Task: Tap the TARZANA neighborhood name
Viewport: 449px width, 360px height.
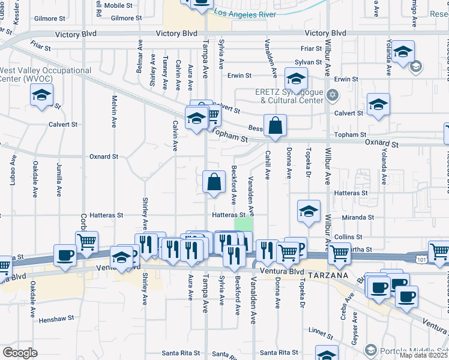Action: coord(328,274)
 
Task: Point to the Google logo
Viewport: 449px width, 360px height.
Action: coord(20,353)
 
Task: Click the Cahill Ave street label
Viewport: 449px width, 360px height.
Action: coord(267,164)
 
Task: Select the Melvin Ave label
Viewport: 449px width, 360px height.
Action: coord(114,112)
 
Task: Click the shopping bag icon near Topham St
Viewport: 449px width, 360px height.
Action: coord(274,125)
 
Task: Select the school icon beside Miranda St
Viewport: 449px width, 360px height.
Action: coord(309,211)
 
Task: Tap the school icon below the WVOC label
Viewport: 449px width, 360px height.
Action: coord(42,95)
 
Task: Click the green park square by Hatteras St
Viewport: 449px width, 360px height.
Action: coord(243,224)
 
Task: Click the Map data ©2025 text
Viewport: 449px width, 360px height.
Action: coord(423,355)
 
